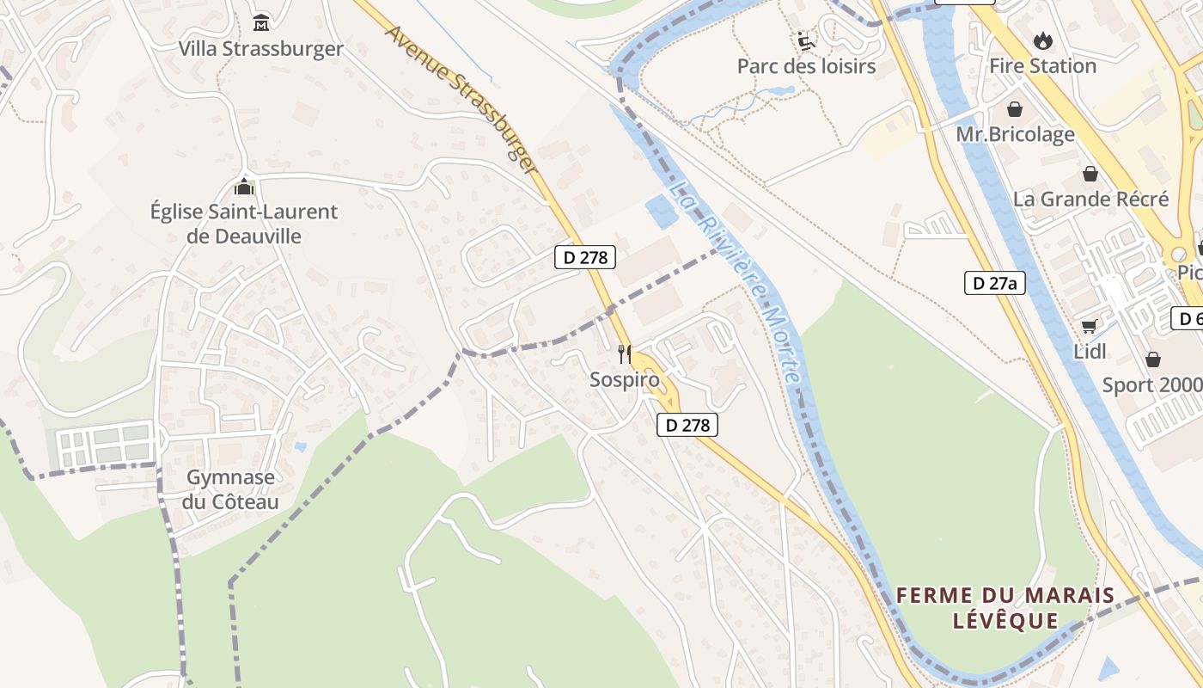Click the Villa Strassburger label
pos(260,49)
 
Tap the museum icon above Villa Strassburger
pos(261,21)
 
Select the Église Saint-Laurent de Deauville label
pos(244,224)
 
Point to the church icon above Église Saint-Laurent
pos(244,186)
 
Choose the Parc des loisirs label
pos(806,66)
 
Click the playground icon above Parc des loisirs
pos(805,40)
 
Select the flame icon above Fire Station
pos(1042,40)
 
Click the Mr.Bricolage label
pos(1015,134)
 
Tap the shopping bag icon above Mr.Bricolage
pos(1015,109)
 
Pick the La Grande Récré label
pos(1090,199)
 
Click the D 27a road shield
pos(994,283)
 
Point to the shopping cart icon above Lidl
pos(1090,326)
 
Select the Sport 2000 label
pos(1151,384)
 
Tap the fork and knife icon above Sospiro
pos(625,353)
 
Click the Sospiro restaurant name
pos(625,379)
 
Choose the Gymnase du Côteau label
pos(230,489)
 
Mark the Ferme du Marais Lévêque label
pos(1005,607)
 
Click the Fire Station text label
pos(1042,66)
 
